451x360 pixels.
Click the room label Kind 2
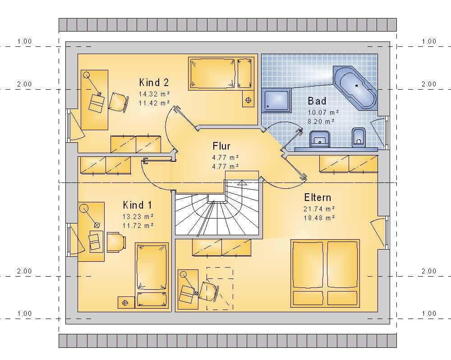coord(154,82)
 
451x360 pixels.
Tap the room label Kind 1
coord(137,205)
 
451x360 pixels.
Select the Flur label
coord(221,146)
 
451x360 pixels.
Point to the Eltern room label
coord(318,198)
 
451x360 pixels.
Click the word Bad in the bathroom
coord(317,101)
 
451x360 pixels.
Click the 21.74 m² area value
coord(319,209)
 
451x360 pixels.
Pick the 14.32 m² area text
coord(154,94)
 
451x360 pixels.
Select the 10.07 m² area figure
coord(323,112)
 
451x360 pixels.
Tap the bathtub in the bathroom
coord(355,87)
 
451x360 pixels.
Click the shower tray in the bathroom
coord(276,100)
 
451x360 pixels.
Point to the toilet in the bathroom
coord(359,137)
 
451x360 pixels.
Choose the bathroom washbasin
coord(320,139)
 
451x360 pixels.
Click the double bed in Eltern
coord(325,273)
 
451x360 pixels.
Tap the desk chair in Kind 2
coord(118,102)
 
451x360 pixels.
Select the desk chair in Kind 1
coord(116,242)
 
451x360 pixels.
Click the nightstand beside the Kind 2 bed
coord(248,99)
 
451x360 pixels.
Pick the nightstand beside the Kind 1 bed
coord(126,303)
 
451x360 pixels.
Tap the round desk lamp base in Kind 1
coord(84,208)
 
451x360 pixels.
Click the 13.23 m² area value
coord(138,217)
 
